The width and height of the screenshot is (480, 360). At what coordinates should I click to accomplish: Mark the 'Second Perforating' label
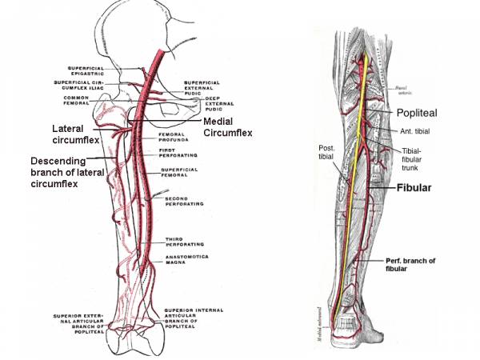tap(182, 202)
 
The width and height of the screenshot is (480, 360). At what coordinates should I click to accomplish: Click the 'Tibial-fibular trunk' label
tap(419, 158)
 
